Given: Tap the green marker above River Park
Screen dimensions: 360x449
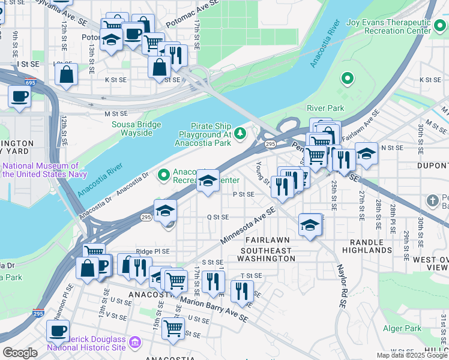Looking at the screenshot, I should [346, 78].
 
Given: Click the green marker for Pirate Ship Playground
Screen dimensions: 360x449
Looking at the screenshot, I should [241, 132].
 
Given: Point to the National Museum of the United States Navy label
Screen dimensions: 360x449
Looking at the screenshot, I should [40, 170].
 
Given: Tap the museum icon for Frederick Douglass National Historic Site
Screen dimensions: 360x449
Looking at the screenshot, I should [135, 343].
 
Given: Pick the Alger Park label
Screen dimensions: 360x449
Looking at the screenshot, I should [402, 328].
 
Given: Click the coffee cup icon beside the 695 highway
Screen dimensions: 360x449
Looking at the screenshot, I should [19, 97].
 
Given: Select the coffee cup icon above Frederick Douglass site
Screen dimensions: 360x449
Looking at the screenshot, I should [58, 330].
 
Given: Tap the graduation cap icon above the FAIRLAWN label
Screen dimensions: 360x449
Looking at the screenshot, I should [310, 225].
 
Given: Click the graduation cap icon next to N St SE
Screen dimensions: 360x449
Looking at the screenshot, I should [366, 154].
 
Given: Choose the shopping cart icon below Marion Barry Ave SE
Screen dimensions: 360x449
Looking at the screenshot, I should [173, 328].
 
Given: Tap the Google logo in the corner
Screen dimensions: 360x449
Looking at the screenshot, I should [20, 353].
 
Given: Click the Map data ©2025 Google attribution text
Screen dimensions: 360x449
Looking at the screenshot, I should [412, 355].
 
